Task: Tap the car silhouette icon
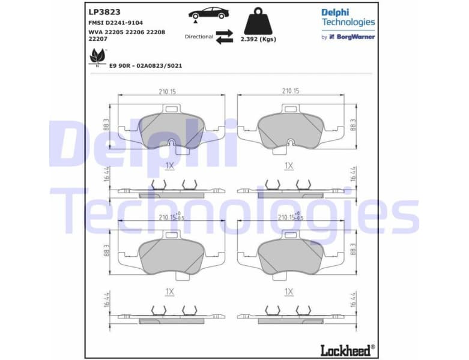tap(208, 13)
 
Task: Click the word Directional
tap(199, 37)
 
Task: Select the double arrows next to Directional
tap(225, 37)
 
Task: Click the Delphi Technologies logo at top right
tap(348, 17)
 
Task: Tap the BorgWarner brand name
tap(355, 37)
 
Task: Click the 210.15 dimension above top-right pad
tap(291, 91)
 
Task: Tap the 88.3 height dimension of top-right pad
tap(353, 125)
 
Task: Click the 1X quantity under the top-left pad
tap(169, 165)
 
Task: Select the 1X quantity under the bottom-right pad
tap(289, 292)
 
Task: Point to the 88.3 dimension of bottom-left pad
tap(107, 250)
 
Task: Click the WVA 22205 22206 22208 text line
tap(126, 31)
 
